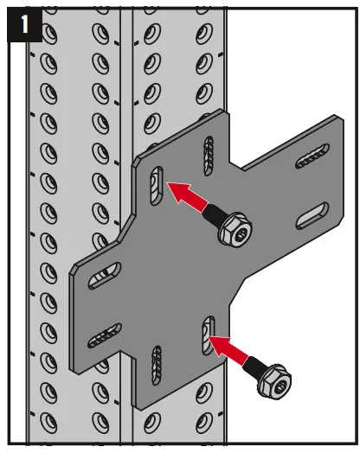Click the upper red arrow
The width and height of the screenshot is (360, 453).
188,196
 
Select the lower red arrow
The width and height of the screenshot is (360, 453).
233,351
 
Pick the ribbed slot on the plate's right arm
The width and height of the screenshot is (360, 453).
311,156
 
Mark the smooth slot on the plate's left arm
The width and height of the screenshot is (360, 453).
104,277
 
